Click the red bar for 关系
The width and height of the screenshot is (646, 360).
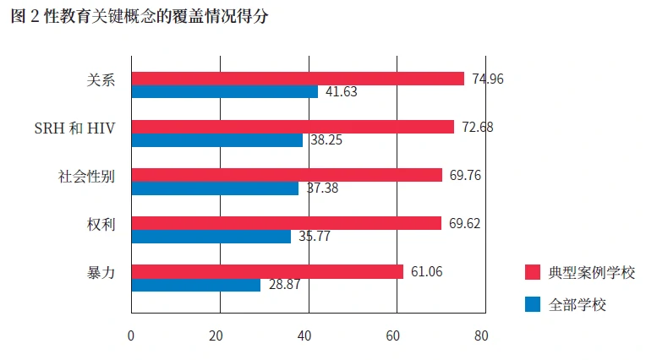[298, 79]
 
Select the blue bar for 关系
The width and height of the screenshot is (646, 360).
[225, 92]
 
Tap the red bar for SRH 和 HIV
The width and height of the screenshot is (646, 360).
[293, 127]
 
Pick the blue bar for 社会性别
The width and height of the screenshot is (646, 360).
[216, 188]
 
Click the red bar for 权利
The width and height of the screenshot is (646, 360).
[287, 223]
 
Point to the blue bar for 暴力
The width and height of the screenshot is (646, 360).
[196, 285]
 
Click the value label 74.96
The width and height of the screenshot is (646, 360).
[488, 79]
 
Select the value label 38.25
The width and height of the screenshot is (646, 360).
[326, 141]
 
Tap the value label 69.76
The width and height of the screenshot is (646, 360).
[465, 175]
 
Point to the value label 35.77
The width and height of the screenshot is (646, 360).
[315, 237]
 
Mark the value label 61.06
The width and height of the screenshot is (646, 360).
[427, 271]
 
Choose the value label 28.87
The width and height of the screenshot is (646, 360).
[285, 286]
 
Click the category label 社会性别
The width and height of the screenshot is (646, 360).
[86, 177]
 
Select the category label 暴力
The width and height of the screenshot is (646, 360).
[101, 273]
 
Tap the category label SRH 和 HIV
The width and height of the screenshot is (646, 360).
[74, 128]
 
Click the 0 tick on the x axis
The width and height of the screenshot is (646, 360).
[131, 335]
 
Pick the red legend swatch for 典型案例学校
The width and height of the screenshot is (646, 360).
[533, 272]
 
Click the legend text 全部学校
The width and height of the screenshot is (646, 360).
[578, 304]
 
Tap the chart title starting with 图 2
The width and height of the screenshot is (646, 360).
[140, 17]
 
